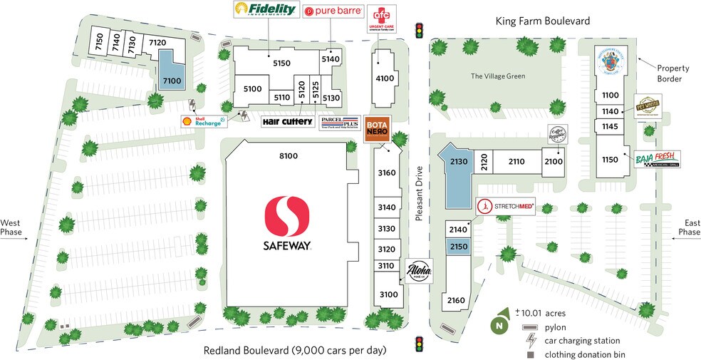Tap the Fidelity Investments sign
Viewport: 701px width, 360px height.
[x=264, y=11]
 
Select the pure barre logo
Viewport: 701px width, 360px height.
[x=333, y=11]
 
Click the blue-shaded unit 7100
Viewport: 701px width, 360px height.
[x=172, y=72]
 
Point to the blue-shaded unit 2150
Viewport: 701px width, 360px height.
[x=457, y=246]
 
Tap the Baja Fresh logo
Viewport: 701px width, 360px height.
[x=657, y=159]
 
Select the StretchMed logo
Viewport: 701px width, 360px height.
[x=505, y=206]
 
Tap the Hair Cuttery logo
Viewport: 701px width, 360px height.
[x=288, y=122]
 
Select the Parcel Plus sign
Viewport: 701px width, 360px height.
[x=339, y=123]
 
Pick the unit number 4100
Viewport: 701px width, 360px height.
[x=385, y=78]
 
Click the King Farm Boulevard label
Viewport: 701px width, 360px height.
[x=542, y=22]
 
